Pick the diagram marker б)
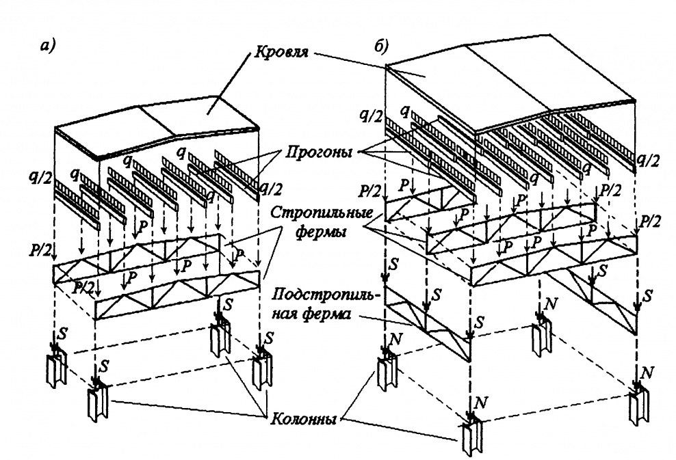(x=380, y=49)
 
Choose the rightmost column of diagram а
(x=261, y=369)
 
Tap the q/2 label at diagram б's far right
(x=647, y=160)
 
